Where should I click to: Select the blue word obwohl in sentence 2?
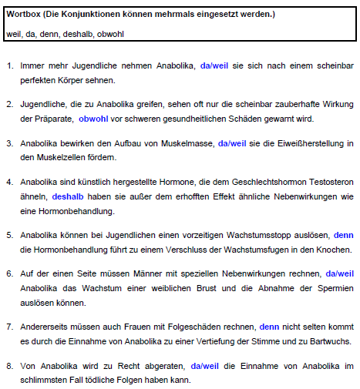[93, 119]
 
